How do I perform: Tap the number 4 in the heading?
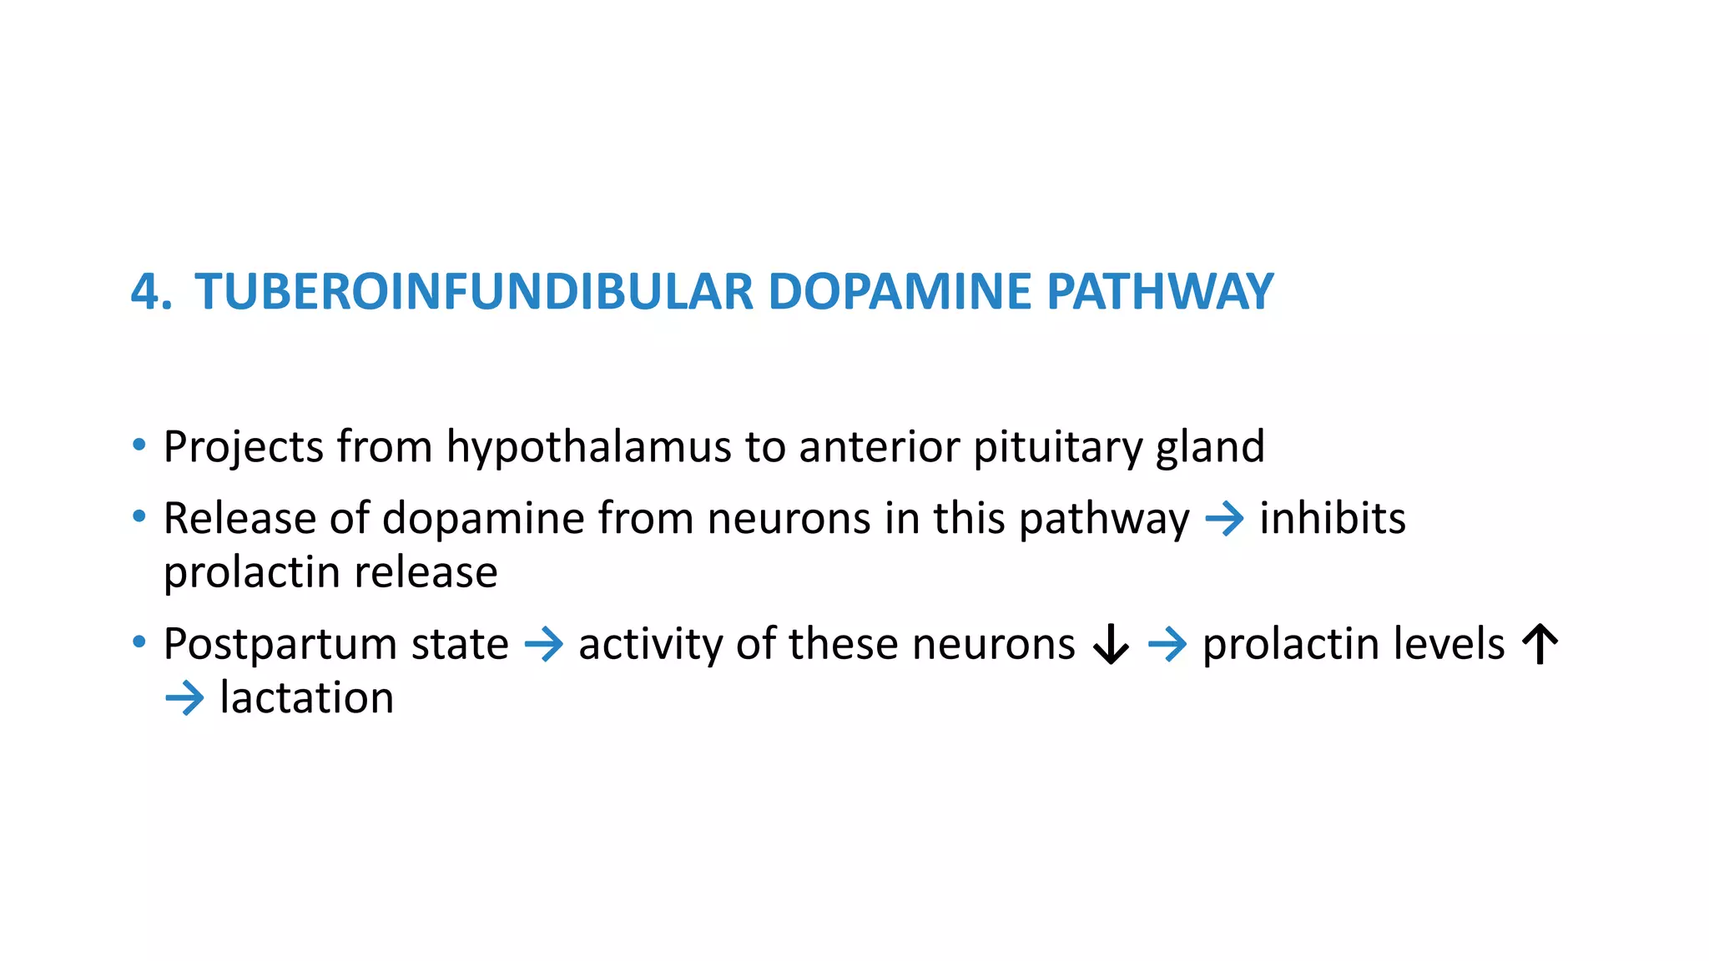click(x=146, y=292)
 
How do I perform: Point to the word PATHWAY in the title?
click(x=1160, y=292)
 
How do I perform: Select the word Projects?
click(x=243, y=448)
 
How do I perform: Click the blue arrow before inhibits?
click(x=1224, y=520)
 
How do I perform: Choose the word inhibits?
click(x=1333, y=518)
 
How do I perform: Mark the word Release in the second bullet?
click(x=239, y=518)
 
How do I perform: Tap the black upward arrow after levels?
click(x=1540, y=645)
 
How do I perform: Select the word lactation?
click(x=306, y=697)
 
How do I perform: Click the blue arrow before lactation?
click(x=184, y=698)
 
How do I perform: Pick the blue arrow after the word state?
click(x=544, y=645)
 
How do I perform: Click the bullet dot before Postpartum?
click(x=139, y=642)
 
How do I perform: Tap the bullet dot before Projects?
click(x=139, y=445)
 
